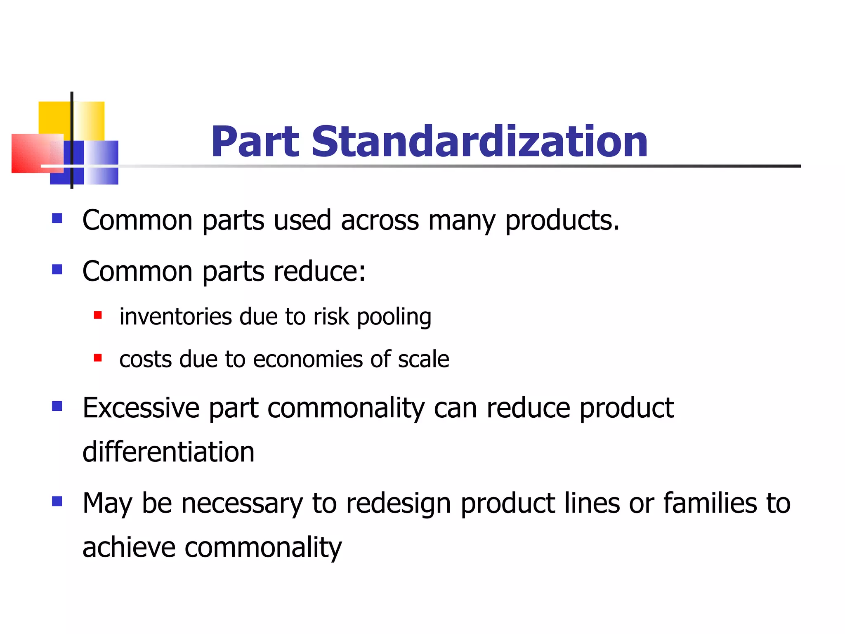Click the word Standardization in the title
click(x=479, y=142)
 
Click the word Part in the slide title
click(x=255, y=142)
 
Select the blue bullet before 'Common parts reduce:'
click(x=57, y=270)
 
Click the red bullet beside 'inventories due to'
click(x=98, y=316)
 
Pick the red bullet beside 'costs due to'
click(x=98, y=358)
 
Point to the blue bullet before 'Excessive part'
click(x=57, y=406)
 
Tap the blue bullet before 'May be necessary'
click(x=57, y=502)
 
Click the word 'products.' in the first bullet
click(x=562, y=221)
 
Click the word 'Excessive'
click(x=141, y=408)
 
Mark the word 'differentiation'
click(x=168, y=452)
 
